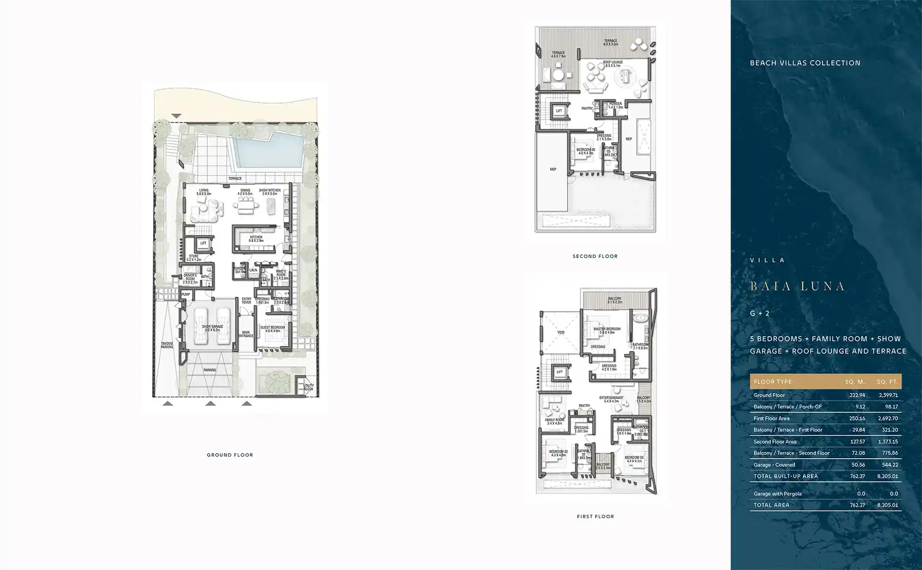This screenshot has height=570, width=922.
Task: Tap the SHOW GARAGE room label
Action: coord(212,328)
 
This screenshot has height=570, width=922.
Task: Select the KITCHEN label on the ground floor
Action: coord(256,238)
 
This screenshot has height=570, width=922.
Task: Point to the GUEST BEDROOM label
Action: coord(273,329)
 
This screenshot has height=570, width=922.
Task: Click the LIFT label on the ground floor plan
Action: coord(203,243)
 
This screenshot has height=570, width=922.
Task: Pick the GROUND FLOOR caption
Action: coord(230,455)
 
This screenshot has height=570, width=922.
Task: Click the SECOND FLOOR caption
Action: coord(595,256)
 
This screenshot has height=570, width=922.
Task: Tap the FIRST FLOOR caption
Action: coord(595,517)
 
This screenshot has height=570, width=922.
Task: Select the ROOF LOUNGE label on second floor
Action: coord(613,64)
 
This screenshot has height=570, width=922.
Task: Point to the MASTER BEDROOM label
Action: coord(607,331)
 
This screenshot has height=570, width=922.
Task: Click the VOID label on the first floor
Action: coord(560,333)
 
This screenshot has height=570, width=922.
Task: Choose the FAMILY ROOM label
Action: coord(554,421)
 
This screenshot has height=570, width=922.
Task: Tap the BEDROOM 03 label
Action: coord(634,459)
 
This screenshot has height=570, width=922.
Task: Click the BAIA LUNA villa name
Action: coord(797,286)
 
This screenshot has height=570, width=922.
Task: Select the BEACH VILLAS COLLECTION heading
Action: coord(805,63)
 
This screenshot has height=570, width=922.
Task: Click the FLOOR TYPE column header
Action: coord(772,382)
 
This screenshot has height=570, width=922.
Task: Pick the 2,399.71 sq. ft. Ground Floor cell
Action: coord(887,395)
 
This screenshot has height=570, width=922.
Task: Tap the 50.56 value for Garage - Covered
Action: coord(857,465)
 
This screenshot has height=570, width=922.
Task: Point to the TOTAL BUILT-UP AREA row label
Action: coord(786,476)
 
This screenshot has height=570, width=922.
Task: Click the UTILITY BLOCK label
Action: coord(308,387)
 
